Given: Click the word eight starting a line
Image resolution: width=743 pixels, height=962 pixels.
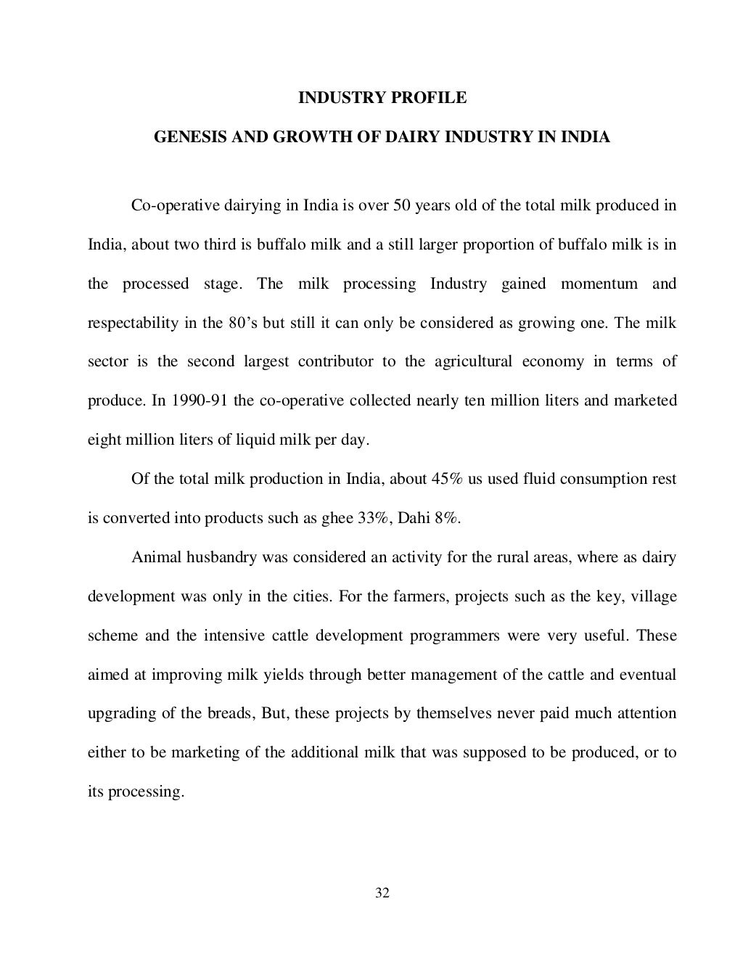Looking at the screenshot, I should (103, 440).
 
